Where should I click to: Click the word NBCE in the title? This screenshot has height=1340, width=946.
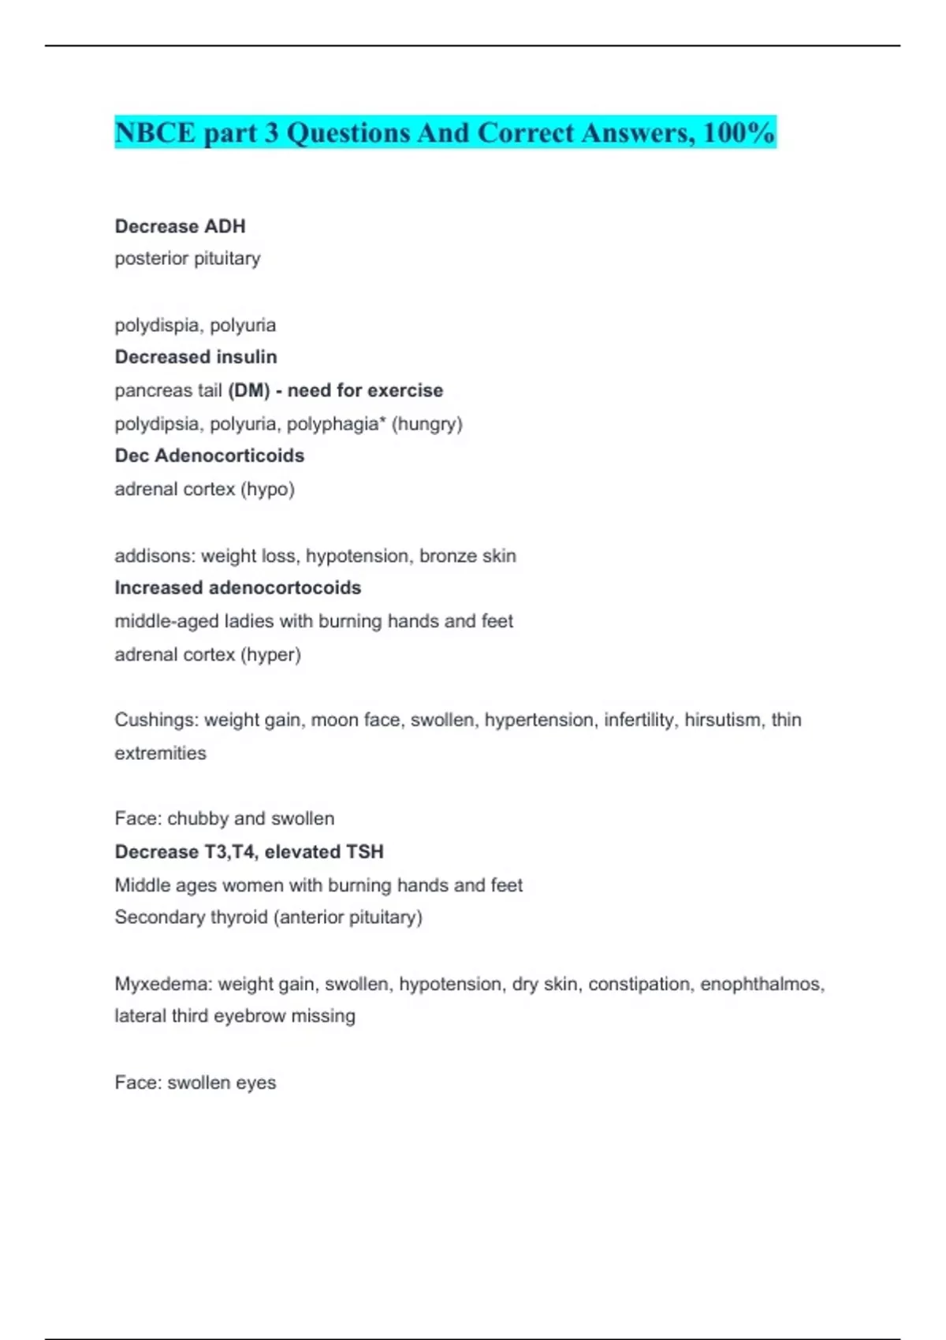pos(155,132)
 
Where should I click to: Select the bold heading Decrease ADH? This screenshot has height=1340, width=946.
pos(180,226)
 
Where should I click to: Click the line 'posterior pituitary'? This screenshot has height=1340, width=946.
pos(188,259)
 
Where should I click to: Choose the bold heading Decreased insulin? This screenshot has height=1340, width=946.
pos(196,357)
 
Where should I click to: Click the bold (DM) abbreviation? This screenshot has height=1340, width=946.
pos(248,390)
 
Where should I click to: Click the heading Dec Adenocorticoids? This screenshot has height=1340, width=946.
pos(209,456)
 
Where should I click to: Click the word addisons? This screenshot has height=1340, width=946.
pos(154,556)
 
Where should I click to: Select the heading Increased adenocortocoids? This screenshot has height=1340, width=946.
pos(237,588)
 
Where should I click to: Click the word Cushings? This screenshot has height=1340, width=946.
pos(155,720)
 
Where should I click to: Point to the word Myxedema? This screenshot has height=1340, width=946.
pos(162,984)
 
